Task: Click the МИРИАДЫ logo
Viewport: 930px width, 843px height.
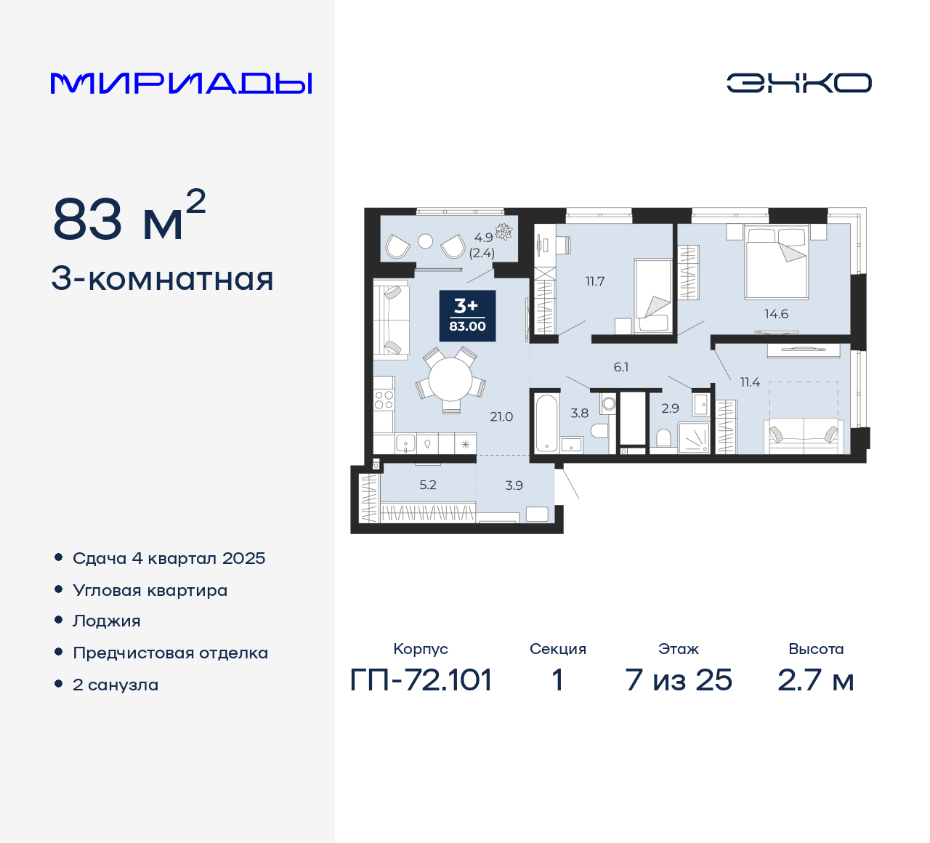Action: pos(182,83)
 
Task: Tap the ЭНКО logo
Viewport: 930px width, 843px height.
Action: pos(798,83)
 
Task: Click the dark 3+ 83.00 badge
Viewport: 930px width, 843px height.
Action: pos(467,316)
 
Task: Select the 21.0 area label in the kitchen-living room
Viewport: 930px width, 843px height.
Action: pos(501,417)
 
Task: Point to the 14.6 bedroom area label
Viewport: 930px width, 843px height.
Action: pos(776,314)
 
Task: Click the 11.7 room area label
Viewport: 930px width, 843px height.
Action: pos(595,281)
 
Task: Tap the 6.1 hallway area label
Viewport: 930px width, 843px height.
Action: pos(621,367)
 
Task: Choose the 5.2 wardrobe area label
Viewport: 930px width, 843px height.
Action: pos(428,485)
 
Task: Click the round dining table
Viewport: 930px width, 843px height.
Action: pos(450,379)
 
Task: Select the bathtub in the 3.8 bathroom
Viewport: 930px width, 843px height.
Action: pos(546,422)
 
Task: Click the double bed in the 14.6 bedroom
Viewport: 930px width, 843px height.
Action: pos(777,262)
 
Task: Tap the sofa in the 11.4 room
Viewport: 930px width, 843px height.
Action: pos(804,435)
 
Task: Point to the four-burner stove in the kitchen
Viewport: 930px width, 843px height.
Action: pos(384,400)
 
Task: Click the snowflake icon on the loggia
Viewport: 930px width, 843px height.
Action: pos(504,231)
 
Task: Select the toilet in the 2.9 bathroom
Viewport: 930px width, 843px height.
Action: pos(663,437)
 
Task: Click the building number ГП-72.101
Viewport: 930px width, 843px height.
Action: pos(421,680)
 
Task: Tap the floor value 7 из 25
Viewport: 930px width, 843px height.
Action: pos(679,680)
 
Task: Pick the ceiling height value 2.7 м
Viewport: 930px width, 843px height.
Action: pos(815,680)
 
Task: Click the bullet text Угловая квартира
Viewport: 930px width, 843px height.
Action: pos(150,590)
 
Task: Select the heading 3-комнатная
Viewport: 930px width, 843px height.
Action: pos(163,279)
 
